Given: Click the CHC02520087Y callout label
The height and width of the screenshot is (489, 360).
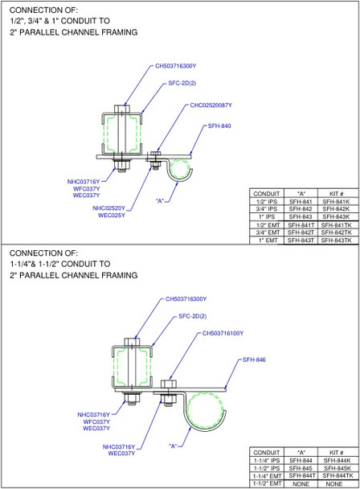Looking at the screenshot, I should point(211,105).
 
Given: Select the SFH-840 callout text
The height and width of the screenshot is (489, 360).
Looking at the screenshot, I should point(219,126).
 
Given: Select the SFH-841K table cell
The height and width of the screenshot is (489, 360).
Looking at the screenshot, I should point(332,201).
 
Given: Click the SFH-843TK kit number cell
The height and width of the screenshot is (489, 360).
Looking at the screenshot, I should point(332,240).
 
